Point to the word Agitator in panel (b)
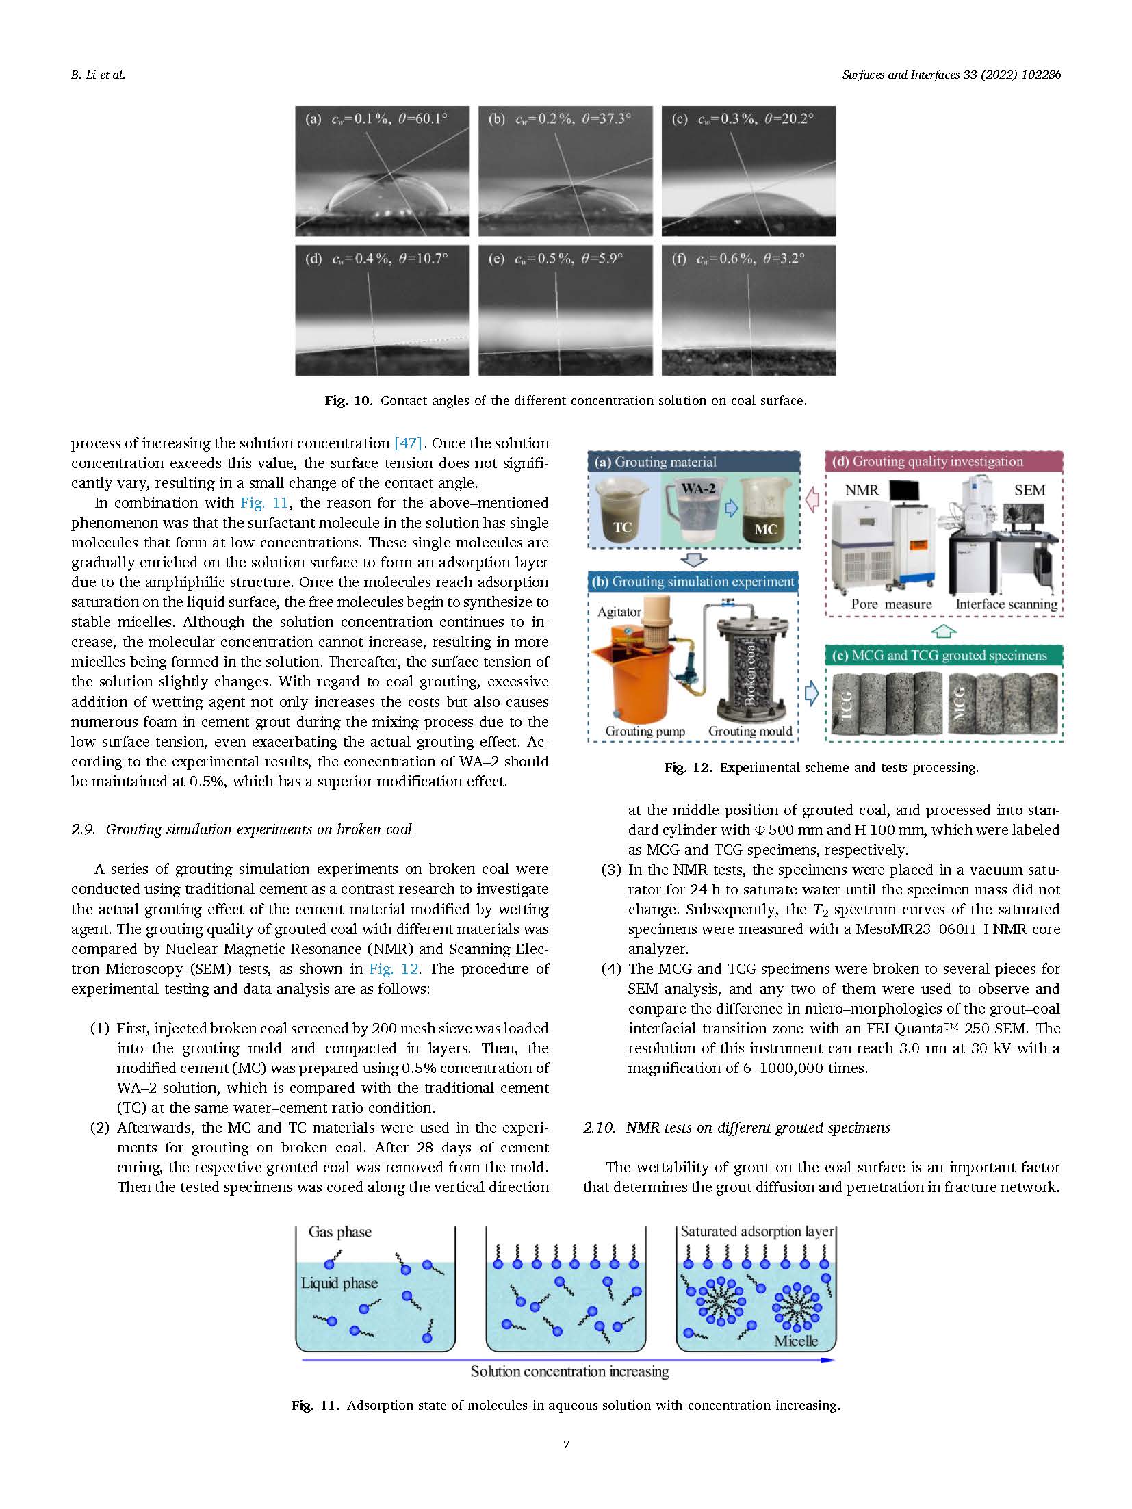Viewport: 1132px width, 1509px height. pos(619,612)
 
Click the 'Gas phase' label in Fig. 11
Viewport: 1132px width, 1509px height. pos(340,1232)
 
